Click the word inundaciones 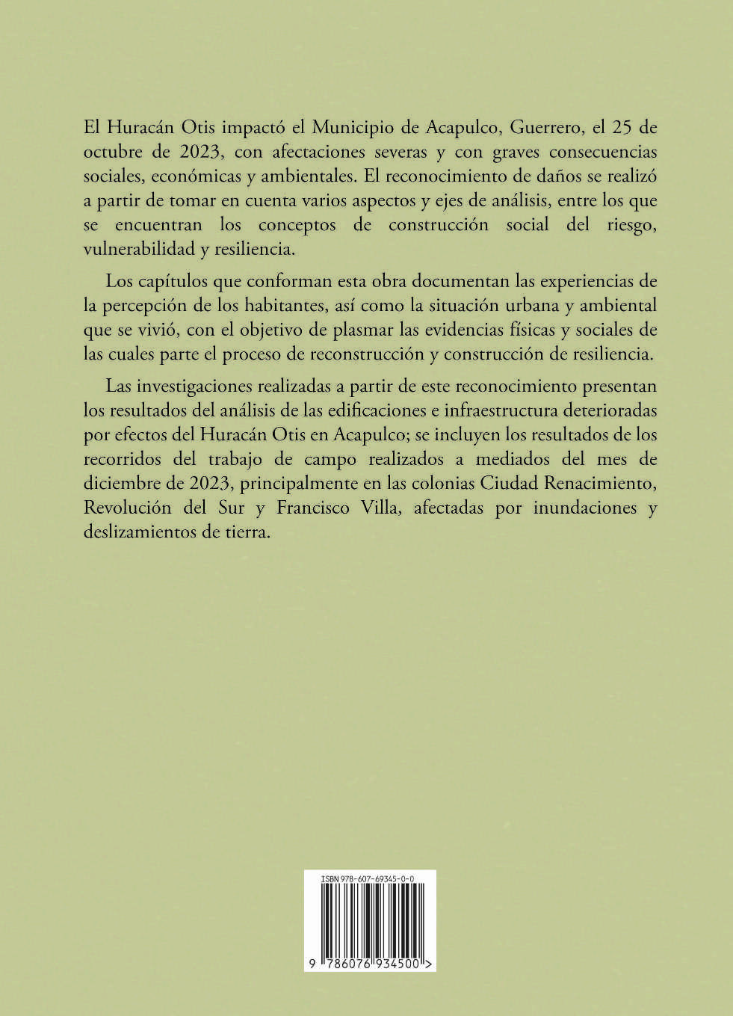(586, 508)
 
